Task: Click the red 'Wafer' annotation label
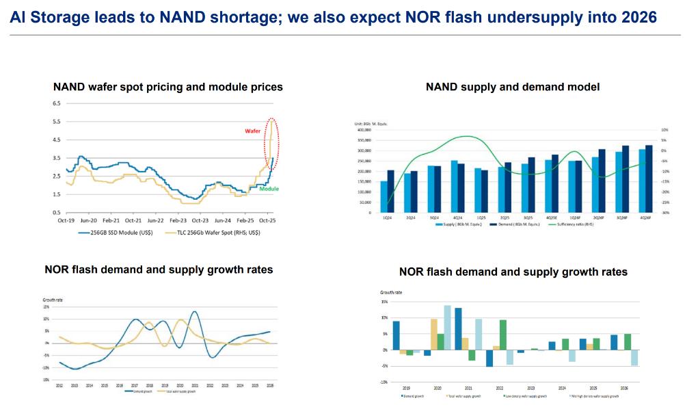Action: pyautogui.click(x=253, y=129)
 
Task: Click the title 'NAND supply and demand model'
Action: pyautogui.click(x=513, y=87)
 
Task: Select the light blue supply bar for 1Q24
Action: pyautogui.click(x=383, y=196)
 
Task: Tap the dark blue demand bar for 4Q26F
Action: pyautogui.click(x=648, y=179)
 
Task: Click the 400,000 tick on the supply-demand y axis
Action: pyautogui.click(x=362, y=129)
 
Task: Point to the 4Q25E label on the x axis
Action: pyautogui.click(x=551, y=218)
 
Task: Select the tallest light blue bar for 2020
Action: pyautogui.click(x=447, y=327)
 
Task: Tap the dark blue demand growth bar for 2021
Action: pyautogui.click(x=458, y=328)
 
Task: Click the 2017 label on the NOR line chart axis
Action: pyautogui.click(x=135, y=385)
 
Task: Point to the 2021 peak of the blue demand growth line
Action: pyautogui.click(x=195, y=312)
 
